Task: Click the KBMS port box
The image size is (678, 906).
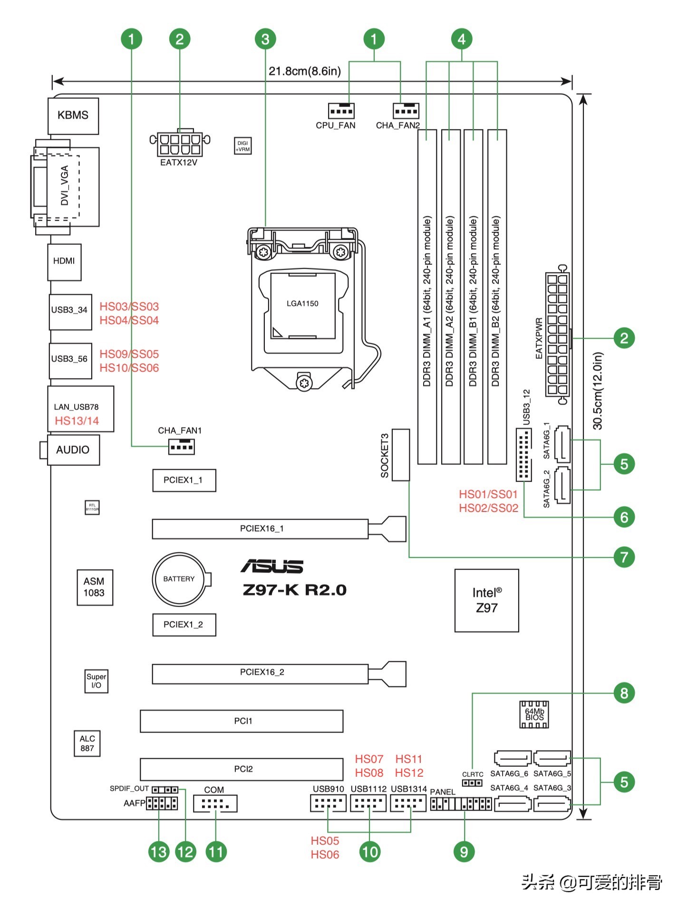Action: coord(73,116)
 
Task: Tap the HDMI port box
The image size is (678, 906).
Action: coord(64,261)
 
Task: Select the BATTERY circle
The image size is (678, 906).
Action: coord(179,579)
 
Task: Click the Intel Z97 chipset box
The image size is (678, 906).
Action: coord(486,600)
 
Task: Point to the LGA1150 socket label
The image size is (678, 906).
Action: coord(302,304)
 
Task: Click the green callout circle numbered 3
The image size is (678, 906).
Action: coord(265,39)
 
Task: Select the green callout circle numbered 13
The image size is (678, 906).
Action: coord(159,851)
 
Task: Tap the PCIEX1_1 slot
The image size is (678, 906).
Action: coord(184,480)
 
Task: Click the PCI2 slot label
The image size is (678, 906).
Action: coord(243,769)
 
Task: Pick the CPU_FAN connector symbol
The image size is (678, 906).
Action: coord(341,111)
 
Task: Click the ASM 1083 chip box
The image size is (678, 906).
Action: coord(95,587)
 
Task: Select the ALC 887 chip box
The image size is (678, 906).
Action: coord(87,743)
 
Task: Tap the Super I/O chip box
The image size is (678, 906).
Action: coord(96,681)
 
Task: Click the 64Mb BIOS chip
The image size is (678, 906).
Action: coord(534,714)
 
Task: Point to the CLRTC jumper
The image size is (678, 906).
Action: coord(472,783)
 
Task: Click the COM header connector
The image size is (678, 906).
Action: coord(215,804)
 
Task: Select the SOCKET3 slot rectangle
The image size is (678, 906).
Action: coord(400,454)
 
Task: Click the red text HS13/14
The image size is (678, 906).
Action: coord(77,421)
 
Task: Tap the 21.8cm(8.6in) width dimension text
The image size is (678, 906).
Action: coord(305,71)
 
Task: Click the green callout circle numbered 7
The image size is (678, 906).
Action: coord(624,557)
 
